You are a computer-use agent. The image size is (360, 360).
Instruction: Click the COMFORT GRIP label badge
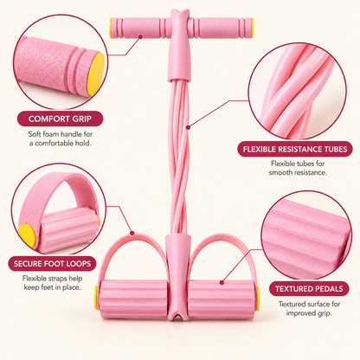(x=60, y=119)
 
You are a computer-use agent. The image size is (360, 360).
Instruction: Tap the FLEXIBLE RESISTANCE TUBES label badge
(x=295, y=149)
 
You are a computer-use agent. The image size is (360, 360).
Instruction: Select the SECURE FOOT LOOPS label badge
(x=52, y=263)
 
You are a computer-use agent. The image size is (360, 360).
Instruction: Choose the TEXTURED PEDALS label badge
(x=309, y=289)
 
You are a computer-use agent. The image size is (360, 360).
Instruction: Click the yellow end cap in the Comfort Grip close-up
(x=96, y=74)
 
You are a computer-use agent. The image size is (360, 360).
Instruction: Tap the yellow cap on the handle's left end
(x=112, y=28)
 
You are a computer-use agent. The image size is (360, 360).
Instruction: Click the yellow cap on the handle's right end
(x=252, y=28)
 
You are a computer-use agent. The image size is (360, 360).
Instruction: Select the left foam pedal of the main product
(x=133, y=299)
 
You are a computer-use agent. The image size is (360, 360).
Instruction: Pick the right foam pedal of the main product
(x=222, y=299)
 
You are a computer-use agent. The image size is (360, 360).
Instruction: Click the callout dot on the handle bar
(x=140, y=36)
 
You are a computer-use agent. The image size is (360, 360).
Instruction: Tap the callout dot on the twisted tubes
(x=188, y=126)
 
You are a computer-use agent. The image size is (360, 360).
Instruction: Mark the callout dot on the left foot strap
(x=132, y=233)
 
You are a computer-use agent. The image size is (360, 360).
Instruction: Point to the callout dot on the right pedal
(x=222, y=283)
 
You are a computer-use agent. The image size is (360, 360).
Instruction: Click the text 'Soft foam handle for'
(x=61, y=134)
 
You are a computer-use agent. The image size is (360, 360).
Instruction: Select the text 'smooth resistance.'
(x=298, y=172)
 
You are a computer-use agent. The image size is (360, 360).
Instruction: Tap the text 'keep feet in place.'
(x=52, y=287)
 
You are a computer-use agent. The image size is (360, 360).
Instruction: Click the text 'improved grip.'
(x=309, y=313)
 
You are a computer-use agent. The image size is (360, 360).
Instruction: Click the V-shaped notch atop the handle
(x=180, y=13)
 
